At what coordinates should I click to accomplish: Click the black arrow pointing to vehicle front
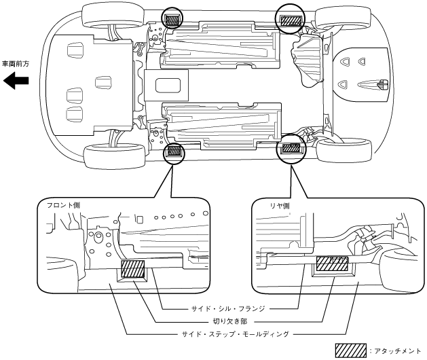tap(16, 82)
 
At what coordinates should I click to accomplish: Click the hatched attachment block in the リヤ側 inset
tap(332, 264)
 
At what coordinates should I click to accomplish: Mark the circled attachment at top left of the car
tap(173, 19)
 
